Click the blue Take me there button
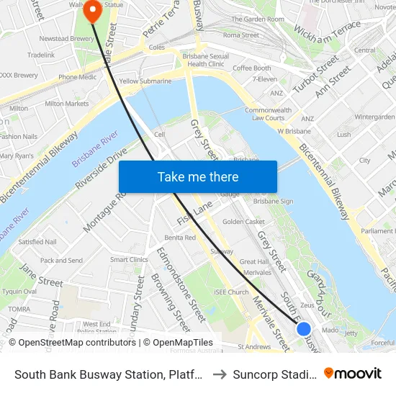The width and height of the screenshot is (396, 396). point(198,176)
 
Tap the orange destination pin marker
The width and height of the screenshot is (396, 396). point(92,12)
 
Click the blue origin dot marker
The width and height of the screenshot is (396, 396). point(304,329)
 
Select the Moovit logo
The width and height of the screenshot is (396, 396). point(353,373)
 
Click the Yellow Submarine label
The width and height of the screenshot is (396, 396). point(145,81)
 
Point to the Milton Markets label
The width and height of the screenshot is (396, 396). point(67,104)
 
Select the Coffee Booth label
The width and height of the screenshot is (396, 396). point(251,68)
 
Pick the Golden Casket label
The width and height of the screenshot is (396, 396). point(243,222)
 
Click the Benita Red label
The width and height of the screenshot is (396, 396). point(180,238)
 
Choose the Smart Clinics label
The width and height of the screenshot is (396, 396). point(129,260)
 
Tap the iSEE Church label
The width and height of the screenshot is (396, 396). point(231,292)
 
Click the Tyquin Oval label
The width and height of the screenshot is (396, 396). point(19,292)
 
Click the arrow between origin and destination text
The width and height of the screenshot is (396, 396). point(220,374)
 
